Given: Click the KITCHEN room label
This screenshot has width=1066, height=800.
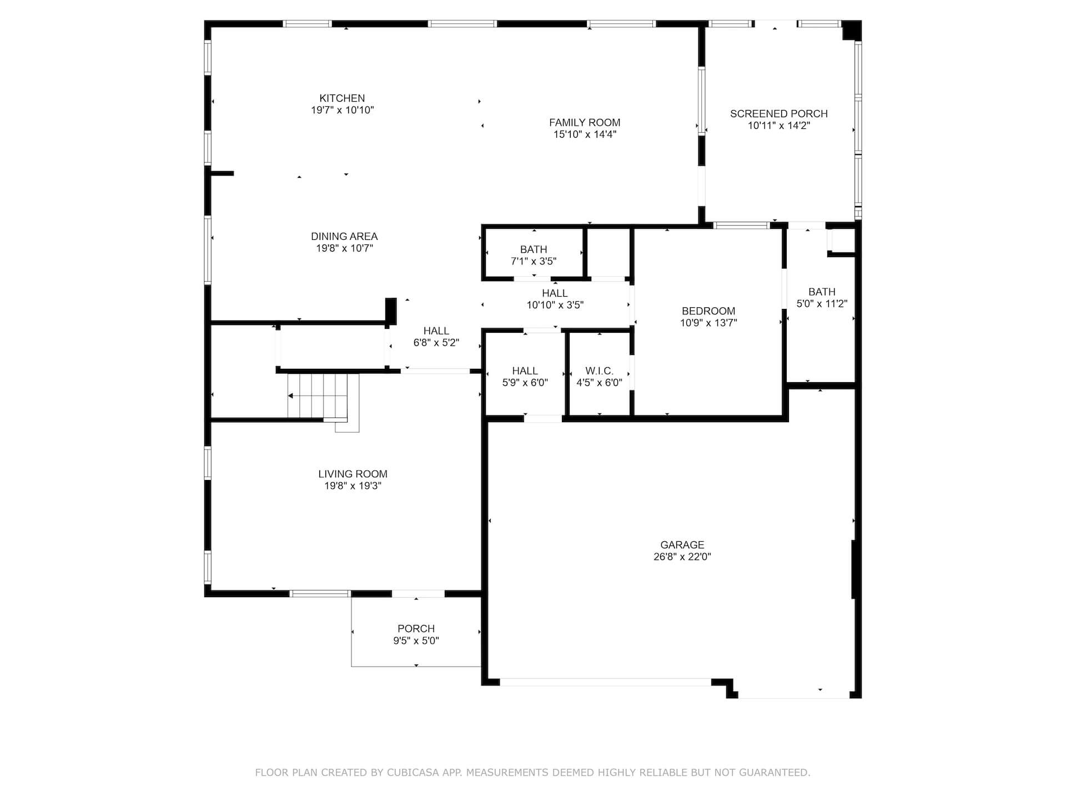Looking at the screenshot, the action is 342,98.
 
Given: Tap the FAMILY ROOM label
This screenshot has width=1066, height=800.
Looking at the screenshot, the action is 585,123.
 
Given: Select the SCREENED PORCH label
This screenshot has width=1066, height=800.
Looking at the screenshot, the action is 779,114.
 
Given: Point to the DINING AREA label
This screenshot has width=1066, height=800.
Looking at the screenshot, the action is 344,237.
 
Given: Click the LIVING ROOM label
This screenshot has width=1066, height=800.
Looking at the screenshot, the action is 353,474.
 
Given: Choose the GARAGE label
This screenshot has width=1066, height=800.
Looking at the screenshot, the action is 682,545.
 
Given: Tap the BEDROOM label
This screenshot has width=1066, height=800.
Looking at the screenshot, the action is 708,311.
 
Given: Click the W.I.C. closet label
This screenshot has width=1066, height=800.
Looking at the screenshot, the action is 599,371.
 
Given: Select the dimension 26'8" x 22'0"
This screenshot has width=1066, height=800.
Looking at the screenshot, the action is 682,557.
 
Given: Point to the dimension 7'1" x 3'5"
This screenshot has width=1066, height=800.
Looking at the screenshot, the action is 534,261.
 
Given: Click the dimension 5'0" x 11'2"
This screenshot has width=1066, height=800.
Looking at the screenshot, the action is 822,303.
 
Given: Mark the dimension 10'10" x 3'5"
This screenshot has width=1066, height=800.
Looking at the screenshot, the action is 555,305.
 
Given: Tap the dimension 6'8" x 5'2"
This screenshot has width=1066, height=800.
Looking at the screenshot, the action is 436,343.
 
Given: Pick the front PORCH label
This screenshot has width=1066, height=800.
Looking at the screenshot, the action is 416,629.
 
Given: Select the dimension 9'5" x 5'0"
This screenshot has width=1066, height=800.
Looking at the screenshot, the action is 416,641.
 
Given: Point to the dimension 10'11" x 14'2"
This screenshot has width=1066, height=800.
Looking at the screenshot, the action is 779,126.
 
